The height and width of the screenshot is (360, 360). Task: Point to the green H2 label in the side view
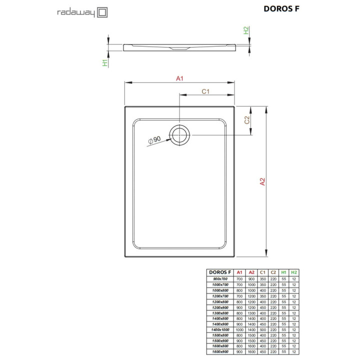246,31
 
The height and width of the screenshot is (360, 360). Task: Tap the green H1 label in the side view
104,62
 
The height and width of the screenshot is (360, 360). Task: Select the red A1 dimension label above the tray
179,78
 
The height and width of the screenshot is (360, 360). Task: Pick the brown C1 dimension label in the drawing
205,91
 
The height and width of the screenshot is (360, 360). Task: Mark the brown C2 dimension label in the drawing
246,120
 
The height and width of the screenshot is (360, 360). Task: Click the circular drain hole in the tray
179,135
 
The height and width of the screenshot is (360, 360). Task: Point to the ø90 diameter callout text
154,140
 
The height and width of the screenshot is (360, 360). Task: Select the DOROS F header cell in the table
219,272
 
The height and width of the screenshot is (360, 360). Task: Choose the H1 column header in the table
283,272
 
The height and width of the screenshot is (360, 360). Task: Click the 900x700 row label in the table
219,278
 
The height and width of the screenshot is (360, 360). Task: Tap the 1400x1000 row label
219,329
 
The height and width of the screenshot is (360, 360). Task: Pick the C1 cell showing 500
262,329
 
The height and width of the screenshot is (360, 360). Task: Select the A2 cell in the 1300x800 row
251,312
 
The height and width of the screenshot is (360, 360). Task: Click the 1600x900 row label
219,352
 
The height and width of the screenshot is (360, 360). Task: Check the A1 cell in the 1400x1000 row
239,329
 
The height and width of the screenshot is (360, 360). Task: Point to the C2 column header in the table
273,272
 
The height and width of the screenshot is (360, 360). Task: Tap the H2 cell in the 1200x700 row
294,295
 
